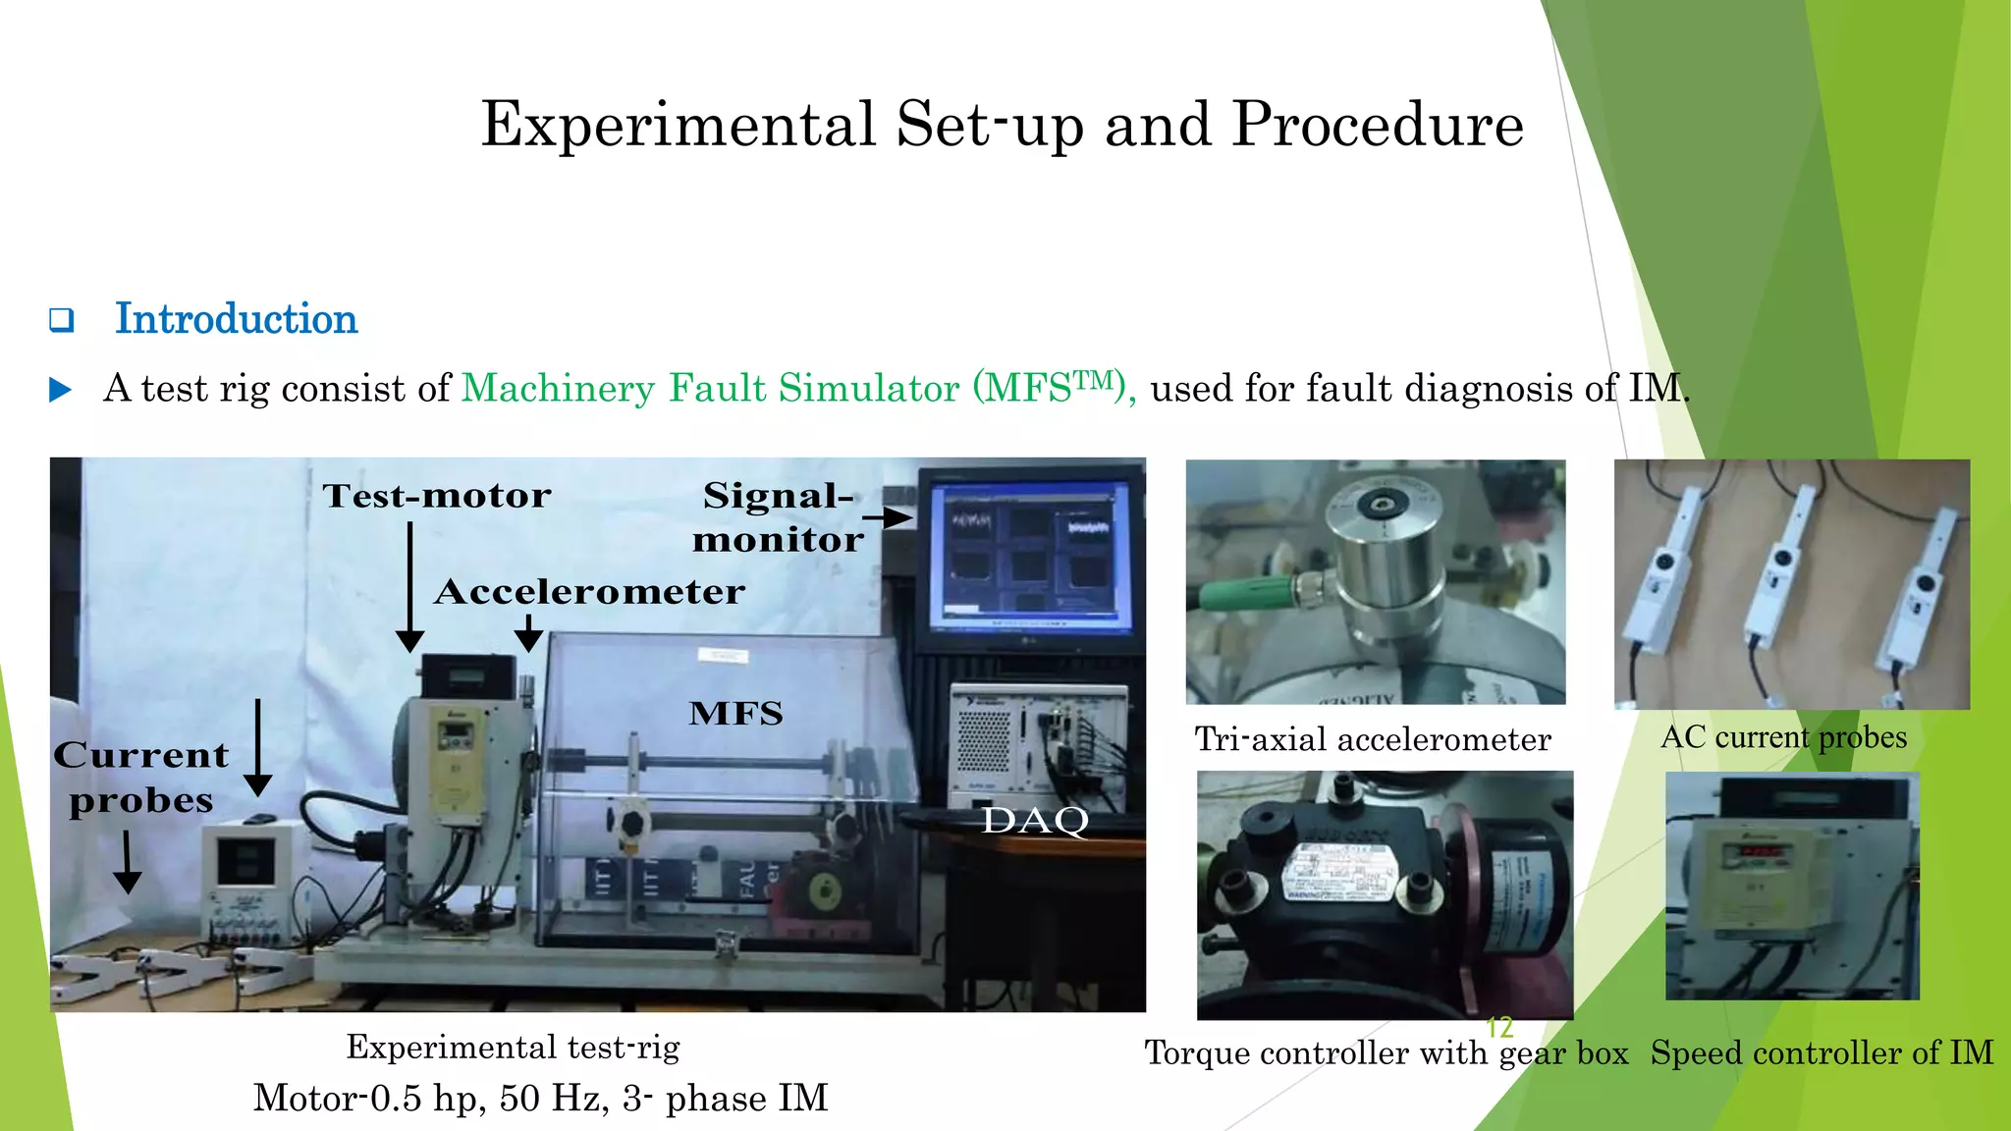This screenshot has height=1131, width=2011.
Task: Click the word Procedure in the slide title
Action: pos(1377,125)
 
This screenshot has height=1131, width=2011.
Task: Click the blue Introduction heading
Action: pos(236,319)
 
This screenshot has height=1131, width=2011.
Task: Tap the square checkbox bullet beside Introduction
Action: pos(62,320)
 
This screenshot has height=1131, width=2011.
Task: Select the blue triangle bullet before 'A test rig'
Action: pos(61,390)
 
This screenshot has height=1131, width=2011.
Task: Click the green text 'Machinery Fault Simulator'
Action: pos(710,388)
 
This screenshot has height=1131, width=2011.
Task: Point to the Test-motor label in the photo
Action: pos(437,496)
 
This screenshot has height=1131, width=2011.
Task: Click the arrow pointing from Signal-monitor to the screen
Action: pos(889,516)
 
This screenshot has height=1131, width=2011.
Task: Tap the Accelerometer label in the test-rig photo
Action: pos(589,592)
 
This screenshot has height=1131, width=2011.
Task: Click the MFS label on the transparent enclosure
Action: pos(735,713)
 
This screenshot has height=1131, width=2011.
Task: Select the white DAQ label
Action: pos(1035,821)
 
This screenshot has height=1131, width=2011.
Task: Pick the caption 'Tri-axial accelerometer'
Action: pos(1372,739)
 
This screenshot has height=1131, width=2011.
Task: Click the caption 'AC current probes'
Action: pos(1783,737)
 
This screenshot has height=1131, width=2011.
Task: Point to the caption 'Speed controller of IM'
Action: pos(1821,1053)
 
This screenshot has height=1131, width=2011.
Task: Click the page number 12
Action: pos(1499,1027)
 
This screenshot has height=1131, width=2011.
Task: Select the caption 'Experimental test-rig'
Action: pos(513,1048)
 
